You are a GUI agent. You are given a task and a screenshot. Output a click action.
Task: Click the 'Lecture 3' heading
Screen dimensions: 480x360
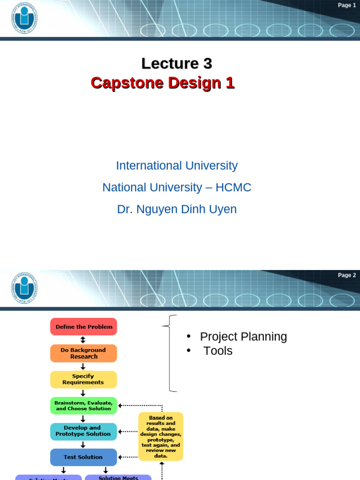[177, 63]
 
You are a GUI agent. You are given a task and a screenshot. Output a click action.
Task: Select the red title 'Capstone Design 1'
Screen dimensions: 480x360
[162, 83]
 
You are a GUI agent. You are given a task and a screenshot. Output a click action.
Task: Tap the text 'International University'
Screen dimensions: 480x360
[177, 165]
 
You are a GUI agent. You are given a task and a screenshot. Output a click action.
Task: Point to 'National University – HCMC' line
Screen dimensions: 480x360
[177, 187]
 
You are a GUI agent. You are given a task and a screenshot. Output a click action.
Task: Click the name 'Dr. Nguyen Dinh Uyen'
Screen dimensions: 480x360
[177, 210]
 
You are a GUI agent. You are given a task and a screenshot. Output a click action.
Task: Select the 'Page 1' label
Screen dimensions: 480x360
[347, 5]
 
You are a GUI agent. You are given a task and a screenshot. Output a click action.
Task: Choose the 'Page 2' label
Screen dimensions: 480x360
[347, 275]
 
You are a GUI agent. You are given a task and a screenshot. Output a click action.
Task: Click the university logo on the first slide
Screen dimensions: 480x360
[24, 18]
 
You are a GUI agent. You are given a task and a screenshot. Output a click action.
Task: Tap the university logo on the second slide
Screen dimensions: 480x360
[24, 287]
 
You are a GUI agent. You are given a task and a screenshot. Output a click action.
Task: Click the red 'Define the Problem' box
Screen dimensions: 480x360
[83, 327]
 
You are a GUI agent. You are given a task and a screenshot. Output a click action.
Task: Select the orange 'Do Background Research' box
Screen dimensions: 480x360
[83, 353]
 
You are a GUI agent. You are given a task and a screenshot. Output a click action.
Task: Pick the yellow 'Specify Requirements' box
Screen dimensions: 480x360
[83, 379]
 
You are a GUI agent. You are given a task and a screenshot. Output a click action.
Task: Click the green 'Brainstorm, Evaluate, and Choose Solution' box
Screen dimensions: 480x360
[83, 405]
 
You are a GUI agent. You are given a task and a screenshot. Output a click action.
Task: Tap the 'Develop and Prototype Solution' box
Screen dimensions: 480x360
[83, 431]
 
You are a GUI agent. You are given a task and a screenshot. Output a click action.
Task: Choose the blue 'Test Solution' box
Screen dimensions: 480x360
[83, 457]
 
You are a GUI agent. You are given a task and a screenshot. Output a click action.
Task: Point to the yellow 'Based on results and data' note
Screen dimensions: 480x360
[160, 436]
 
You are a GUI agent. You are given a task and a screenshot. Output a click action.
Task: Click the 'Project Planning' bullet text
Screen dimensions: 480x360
[243, 337]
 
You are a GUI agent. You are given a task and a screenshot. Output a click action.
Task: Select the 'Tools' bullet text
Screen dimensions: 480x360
[218, 351]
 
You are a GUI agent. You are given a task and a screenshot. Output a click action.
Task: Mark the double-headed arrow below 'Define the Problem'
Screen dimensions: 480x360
[83, 340]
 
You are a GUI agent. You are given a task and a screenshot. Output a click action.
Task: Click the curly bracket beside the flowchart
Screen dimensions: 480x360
[171, 353]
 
